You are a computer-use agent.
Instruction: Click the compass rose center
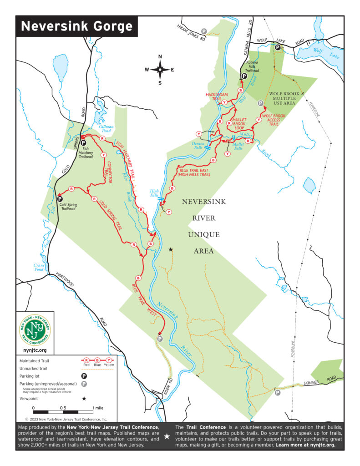click(160, 70)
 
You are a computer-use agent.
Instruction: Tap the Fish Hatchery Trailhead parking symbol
click(83, 143)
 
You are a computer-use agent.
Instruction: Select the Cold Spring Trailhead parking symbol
click(59, 198)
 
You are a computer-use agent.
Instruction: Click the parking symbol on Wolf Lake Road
click(277, 46)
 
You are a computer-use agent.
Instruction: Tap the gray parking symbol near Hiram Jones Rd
click(204, 31)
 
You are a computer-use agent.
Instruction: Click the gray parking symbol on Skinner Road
click(277, 392)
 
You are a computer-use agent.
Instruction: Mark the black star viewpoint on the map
click(171, 249)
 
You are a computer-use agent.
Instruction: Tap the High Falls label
click(154, 193)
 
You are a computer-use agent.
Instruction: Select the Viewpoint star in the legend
click(84, 398)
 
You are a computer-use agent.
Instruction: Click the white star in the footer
click(167, 436)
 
